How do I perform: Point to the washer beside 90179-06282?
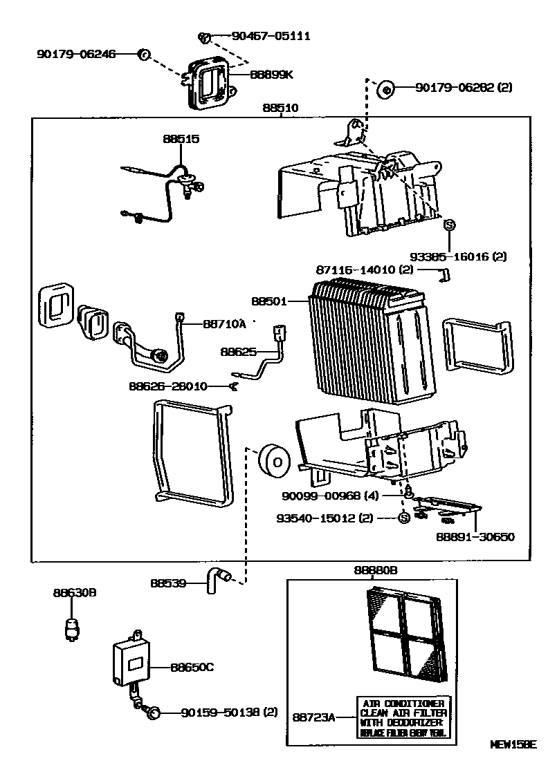pos(385,88)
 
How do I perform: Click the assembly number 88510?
pos(280,109)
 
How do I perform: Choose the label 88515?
pos(181,139)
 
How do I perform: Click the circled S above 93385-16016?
pos(448,225)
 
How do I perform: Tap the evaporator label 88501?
pos(268,301)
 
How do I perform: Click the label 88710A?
pos(225,323)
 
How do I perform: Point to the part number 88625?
pos(239,351)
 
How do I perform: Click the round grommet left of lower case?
pos(271,462)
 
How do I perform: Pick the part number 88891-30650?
pos(475,536)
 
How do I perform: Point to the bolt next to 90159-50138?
pos(154,712)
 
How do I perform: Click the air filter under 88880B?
pos(403,631)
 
